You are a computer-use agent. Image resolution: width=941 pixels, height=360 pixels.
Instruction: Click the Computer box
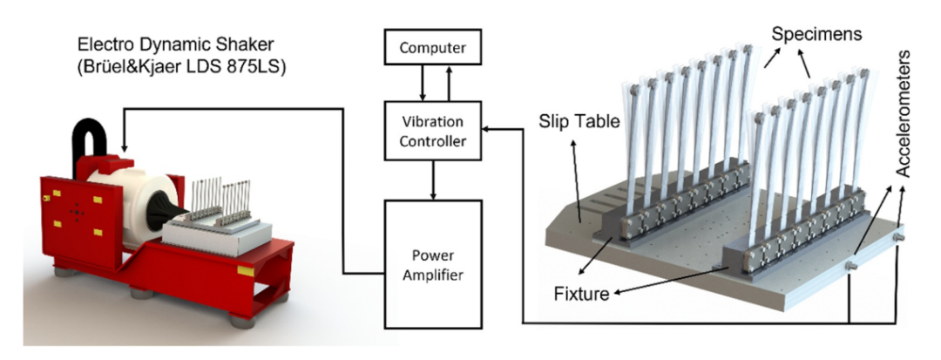tap(433, 47)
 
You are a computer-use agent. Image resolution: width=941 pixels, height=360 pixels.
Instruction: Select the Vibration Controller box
tap(433, 131)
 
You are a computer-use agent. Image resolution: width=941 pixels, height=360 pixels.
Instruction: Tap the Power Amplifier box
tap(433, 265)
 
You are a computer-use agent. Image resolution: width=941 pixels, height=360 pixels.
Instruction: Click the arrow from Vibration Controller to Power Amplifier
tap(433, 180)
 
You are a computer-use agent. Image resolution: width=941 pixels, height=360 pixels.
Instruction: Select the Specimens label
tap(816, 34)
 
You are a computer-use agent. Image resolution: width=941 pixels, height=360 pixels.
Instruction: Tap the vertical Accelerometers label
tap(903, 113)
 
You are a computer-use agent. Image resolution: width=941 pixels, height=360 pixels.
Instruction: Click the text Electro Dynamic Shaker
tap(174, 45)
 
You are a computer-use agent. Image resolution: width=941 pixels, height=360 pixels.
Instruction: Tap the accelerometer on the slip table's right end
tap(899, 237)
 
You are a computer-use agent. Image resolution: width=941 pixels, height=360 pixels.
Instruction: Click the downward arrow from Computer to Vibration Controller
tap(423, 83)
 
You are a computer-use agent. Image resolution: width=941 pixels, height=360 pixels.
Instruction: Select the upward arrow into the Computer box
tap(447, 83)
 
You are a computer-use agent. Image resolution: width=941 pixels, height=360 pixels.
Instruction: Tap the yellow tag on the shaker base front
tap(246, 271)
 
